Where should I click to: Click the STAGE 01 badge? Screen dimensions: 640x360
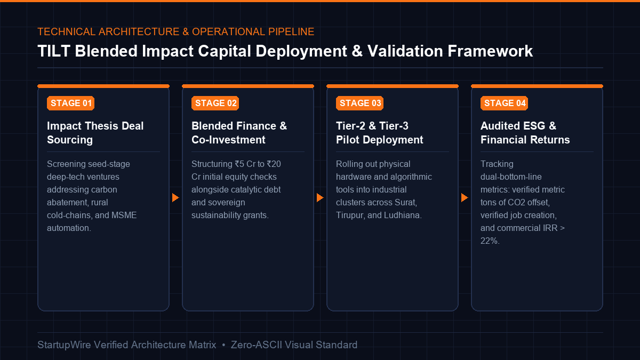coord(70,103)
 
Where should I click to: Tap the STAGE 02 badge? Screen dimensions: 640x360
coord(215,103)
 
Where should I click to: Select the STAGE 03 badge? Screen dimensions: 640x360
coord(359,103)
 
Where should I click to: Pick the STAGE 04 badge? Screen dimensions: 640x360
coord(505,103)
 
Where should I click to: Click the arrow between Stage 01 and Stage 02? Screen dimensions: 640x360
coord(175,197)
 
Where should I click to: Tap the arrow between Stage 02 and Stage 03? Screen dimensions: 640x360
coord(320,197)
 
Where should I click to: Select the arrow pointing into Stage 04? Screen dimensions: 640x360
coord(465,197)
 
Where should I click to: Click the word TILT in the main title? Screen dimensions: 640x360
coord(54,51)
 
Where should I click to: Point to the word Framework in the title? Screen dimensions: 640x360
coord(490,51)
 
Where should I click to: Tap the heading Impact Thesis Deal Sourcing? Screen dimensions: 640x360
coord(95,133)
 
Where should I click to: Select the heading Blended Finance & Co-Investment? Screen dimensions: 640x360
coord(239,133)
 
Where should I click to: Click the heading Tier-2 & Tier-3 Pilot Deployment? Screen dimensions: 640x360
coord(379,133)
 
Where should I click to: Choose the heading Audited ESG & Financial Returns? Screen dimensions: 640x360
coord(525,133)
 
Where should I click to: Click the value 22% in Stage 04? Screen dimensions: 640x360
coord(489,241)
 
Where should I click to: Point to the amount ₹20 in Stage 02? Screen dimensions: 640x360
coord(274,164)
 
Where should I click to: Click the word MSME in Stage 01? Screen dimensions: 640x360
coord(124,215)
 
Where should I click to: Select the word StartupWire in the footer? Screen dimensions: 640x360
coord(64,345)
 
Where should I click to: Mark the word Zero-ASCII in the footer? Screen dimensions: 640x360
coord(257,345)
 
